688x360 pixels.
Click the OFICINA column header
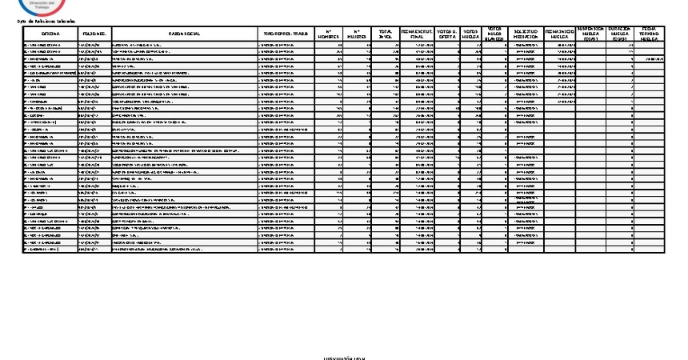tap(50, 34)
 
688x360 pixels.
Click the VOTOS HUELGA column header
tap(471, 34)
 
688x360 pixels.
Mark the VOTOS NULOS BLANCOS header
tap(495, 34)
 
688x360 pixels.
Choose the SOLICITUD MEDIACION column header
tap(524, 34)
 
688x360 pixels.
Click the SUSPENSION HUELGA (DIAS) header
tap(591, 34)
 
